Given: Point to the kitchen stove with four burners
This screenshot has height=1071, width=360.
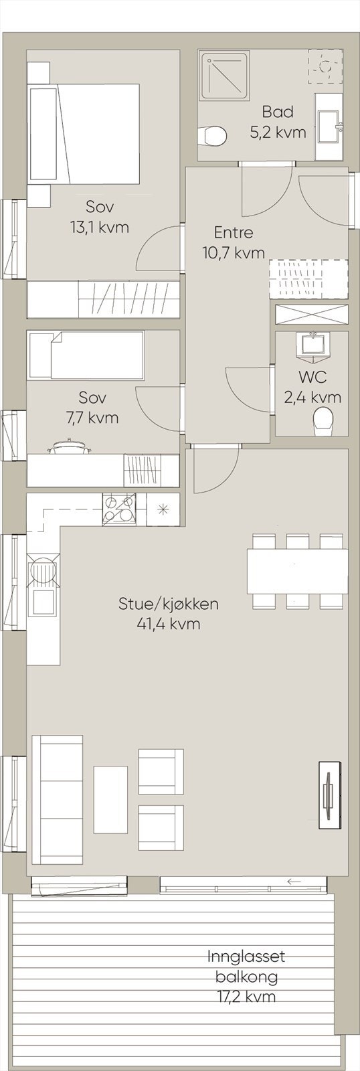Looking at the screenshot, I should [x=119, y=510].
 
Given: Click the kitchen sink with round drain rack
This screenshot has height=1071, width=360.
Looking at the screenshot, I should [x=43, y=571].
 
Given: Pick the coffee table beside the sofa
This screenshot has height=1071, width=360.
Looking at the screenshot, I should [x=110, y=799].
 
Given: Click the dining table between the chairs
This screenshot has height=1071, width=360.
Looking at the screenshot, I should [x=297, y=571].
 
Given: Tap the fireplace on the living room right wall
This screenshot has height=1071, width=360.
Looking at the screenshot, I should [x=329, y=795].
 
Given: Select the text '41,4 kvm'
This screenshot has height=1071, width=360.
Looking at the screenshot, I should [x=168, y=625].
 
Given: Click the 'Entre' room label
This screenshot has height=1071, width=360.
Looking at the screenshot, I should [x=234, y=233].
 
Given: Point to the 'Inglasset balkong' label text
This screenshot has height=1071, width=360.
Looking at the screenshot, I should [x=246, y=967].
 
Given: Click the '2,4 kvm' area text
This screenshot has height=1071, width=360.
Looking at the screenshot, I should [x=312, y=398].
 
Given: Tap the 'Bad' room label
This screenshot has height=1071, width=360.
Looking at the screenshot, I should [x=278, y=112].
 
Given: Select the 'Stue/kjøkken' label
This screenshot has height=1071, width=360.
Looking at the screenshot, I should [x=168, y=604].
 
